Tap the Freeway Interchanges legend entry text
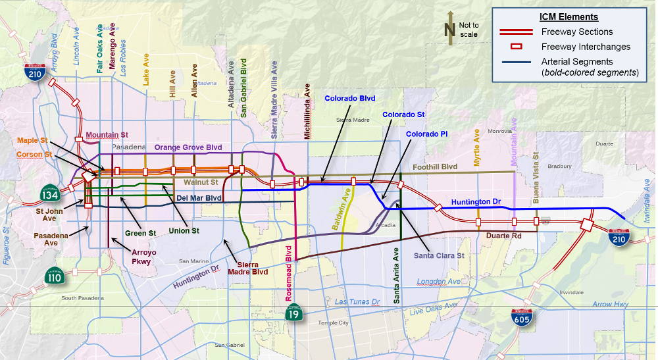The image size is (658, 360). click(586, 47)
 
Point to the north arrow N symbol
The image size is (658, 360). click(450, 30)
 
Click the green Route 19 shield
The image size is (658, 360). click(294, 314)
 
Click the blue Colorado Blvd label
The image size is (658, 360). click(349, 99)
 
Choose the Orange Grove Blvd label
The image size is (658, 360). click(188, 147)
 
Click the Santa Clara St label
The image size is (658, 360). click(439, 255)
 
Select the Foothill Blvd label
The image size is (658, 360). click(434, 167)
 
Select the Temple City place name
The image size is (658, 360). click(334, 323)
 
